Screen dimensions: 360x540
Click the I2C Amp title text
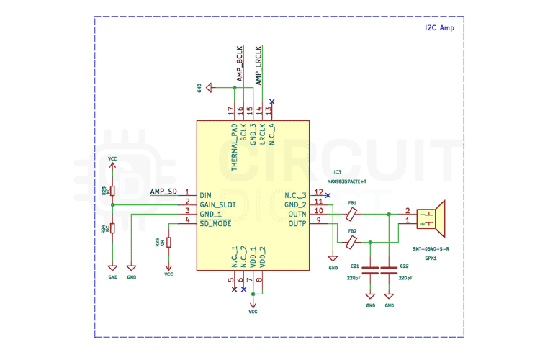tap(440, 27)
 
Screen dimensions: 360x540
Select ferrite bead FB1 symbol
tap(352, 214)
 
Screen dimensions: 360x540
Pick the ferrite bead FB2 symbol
tap(352, 241)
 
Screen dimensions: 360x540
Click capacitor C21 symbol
tap(370, 271)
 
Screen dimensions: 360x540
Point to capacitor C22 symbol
tap(390, 271)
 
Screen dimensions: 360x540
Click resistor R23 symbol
tap(112, 191)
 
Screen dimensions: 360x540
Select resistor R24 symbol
tap(112, 229)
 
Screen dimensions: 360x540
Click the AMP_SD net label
tap(163, 192)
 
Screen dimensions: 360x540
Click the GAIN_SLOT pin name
tap(217, 204)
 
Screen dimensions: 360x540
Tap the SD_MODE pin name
tap(215, 223)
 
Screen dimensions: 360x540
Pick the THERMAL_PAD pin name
tap(234, 147)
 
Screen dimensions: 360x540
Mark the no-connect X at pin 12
tap(328, 195)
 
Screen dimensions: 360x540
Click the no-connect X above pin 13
tap(271, 102)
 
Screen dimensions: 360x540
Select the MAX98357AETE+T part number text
tap(347, 182)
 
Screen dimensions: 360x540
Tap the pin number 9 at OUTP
tap(318, 220)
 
